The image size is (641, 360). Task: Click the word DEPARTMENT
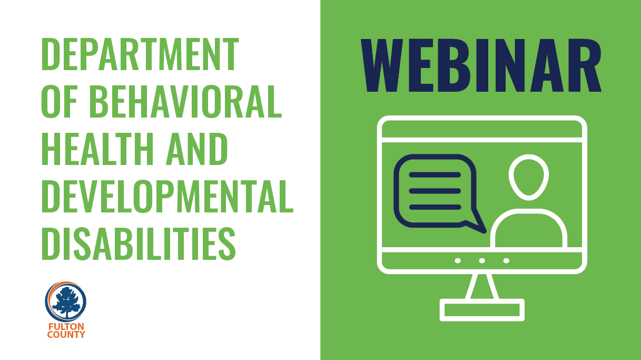[x=140, y=54]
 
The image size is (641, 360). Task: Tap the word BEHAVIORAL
[x=185, y=101]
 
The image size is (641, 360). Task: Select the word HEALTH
[x=98, y=149]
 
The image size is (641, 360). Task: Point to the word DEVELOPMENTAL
[x=167, y=196]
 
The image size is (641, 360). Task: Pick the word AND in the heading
[x=197, y=149]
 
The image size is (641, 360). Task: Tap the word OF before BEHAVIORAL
[x=60, y=101]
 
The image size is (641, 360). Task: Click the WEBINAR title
[x=481, y=65]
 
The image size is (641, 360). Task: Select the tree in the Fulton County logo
[x=66, y=301]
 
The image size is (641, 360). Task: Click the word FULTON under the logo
[x=66, y=327]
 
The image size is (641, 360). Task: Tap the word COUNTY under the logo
[x=66, y=335]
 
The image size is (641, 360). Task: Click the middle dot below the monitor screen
[x=482, y=260]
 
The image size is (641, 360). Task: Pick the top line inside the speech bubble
[x=435, y=175]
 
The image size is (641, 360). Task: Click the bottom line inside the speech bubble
[x=435, y=207]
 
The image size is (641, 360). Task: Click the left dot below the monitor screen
[x=458, y=260]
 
